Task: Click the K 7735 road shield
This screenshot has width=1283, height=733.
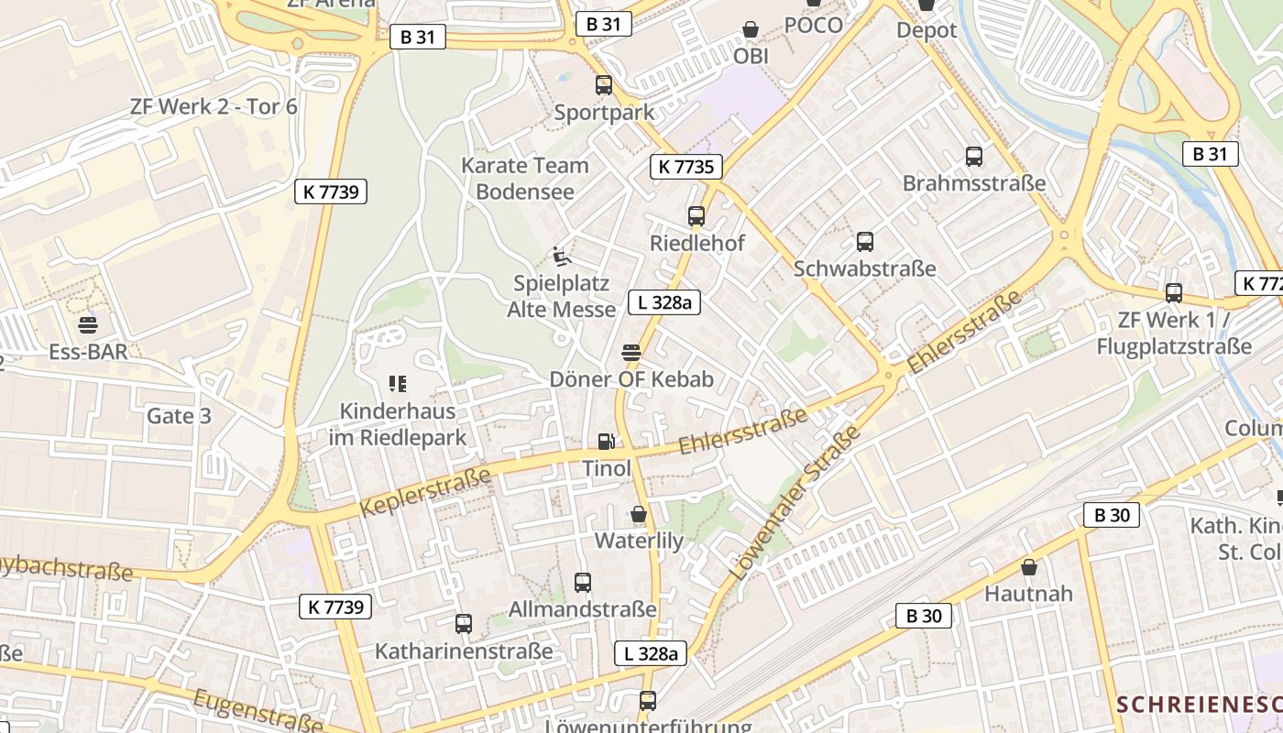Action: click(x=686, y=167)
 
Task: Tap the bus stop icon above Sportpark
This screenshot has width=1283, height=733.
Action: click(x=604, y=85)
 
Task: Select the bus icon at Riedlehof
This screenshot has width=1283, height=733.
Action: click(x=696, y=216)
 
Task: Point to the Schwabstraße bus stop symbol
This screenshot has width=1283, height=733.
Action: click(x=864, y=242)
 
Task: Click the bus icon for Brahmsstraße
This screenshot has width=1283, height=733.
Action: click(x=974, y=157)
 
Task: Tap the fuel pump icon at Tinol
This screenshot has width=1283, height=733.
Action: click(x=606, y=442)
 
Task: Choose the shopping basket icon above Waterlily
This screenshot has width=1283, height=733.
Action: click(x=639, y=514)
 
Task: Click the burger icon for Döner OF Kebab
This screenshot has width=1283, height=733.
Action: click(x=631, y=353)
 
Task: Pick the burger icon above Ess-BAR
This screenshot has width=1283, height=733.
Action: click(x=88, y=325)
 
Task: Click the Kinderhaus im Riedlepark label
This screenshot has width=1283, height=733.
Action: click(x=398, y=424)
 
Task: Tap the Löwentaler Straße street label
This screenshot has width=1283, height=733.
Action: click(x=795, y=503)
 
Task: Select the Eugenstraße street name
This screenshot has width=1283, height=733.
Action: click(x=258, y=710)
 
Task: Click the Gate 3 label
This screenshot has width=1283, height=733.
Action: click(x=179, y=416)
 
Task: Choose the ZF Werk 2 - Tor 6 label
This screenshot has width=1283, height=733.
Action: click(x=214, y=106)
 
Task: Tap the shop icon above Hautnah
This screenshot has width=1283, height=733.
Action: click(x=1029, y=567)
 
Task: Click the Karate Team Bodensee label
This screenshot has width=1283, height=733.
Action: click(x=525, y=179)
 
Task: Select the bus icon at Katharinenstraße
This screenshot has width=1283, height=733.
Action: click(x=464, y=624)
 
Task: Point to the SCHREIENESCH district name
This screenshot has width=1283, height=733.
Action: click(x=1199, y=705)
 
